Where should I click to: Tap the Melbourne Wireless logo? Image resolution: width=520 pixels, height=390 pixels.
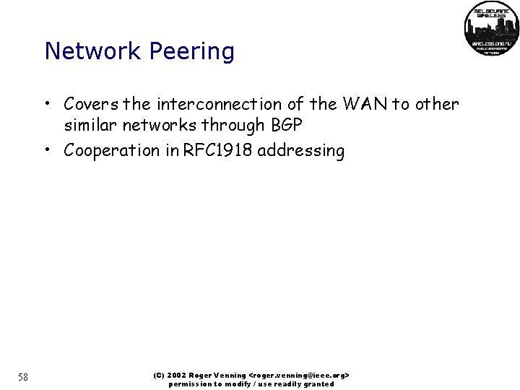(x=491, y=28)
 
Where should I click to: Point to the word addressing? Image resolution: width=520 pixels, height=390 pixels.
(x=301, y=151)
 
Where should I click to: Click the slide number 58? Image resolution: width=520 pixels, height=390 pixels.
(x=22, y=377)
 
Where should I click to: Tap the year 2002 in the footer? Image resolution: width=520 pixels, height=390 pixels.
(x=176, y=376)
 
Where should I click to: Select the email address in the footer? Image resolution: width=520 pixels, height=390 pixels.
(x=299, y=376)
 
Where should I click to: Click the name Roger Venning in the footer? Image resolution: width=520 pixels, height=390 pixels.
(x=218, y=376)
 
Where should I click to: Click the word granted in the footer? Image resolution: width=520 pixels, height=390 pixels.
(x=318, y=384)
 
